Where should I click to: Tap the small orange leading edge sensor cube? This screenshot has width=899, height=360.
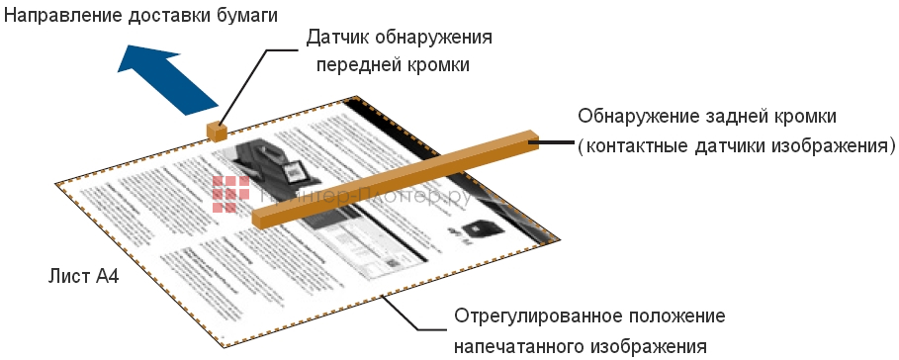(216, 131)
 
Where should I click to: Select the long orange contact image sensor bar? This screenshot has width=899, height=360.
(396, 177)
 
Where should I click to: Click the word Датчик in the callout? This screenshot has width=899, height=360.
(340, 38)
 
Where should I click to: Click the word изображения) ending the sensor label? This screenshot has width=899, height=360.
(838, 145)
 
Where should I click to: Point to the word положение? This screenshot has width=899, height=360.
(678, 317)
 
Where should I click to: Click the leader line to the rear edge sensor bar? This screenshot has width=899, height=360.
(555, 143)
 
